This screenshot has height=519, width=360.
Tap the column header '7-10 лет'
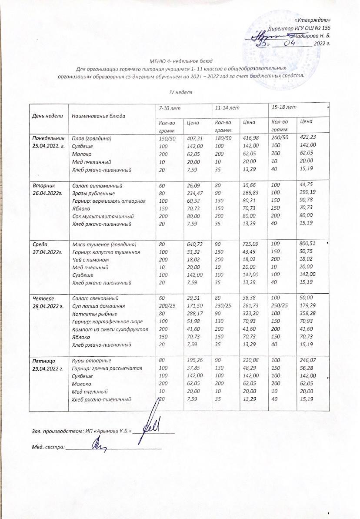click(x=167, y=107)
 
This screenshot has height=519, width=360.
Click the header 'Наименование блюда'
click(x=98, y=116)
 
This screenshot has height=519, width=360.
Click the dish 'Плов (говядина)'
click(x=92, y=138)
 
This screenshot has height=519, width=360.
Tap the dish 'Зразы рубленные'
click(x=93, y=193)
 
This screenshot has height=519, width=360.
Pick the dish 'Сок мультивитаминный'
click(x=100, y=216)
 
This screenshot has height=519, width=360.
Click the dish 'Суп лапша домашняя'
click(x=98, y=306)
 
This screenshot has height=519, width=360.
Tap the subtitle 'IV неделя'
click(x=180, y=92)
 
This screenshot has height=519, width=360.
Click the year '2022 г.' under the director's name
click(x=322, y=44)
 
